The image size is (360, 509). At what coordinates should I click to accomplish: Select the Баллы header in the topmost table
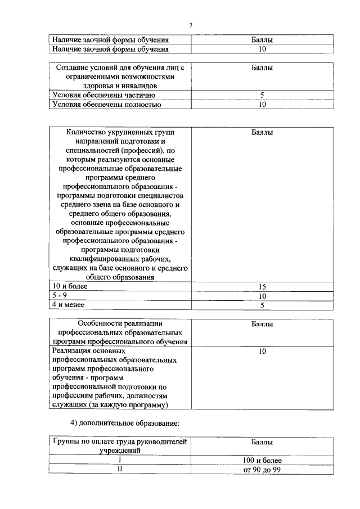(262, 40)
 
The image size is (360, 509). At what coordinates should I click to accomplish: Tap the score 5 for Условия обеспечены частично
(262, 95)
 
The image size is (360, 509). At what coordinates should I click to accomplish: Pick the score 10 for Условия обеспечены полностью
(262, 104)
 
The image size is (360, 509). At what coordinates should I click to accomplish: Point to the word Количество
(89, 132)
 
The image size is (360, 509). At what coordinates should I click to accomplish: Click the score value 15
(262, 287)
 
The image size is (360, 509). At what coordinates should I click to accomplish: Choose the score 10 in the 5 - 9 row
(262, 296)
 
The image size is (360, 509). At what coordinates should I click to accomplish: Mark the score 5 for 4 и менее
(262, 305)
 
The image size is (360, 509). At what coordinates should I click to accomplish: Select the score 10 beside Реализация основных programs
(262, 351)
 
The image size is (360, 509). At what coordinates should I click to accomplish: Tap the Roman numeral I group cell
(120, 460)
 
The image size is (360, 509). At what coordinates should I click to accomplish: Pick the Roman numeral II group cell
(120, 469)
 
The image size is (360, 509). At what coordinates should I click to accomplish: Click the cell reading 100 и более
(262, 460)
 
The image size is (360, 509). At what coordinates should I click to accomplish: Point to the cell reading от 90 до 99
(262, 469)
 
